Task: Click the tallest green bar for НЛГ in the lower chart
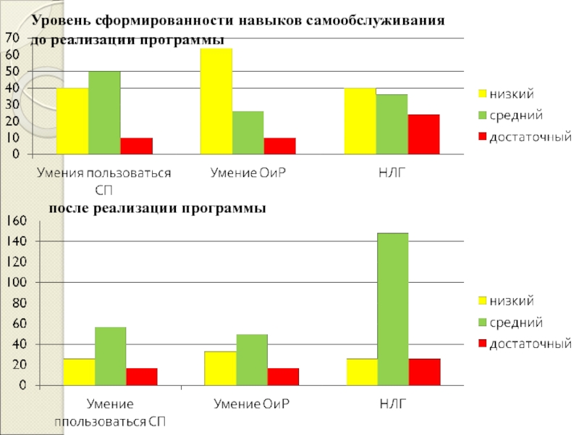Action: pyautogui.click(x=392, y=308)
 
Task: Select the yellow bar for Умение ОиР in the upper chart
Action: pyautogui.click(x=216, y=101)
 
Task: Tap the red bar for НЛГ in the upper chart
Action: pyautogui.click(x=423, y=134)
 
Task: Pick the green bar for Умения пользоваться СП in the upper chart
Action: pyautogui.click(x=104, y=112)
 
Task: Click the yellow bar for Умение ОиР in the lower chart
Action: pyautogui.click(x=220, y=368)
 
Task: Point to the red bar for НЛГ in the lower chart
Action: pyautogui.click(x=424, y=372)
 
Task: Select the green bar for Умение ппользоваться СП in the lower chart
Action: pyautogui.click(x=110, y=356)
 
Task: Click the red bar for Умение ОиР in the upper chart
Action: pyautogui.click(x=280, y=146)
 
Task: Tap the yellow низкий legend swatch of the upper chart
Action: pyautogui.click(x=481, y=94)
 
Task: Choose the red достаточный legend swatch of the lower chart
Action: pyautogui.click(x=481, y=343)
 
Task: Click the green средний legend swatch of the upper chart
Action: pyautogui.click(x=481, y=115)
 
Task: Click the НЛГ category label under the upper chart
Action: pyautogui.click(x=391, y=173)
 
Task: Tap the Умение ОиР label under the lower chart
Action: pyautogui.click(x=250, y=403)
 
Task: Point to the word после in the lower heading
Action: pyautogui.click(x=68, y=209)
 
